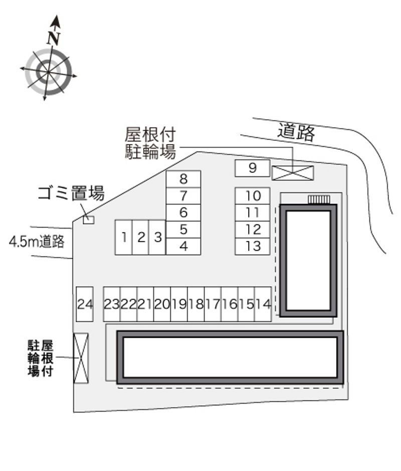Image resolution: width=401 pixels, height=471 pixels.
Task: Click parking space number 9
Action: click(253, 168)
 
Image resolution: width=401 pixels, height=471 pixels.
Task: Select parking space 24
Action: click(85, 304)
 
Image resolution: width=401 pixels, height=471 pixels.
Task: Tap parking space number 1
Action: click(123, 238)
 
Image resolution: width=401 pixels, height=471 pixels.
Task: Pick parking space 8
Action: click(183, 179)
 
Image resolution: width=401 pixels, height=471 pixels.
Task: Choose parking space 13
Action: click(253, 247)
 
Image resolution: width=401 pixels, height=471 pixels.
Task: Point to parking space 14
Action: click(263, 304)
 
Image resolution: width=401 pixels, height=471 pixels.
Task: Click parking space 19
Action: click(179, 304)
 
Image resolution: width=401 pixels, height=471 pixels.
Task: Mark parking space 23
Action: click(112, 304)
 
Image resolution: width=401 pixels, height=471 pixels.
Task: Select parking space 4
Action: click(183, 247)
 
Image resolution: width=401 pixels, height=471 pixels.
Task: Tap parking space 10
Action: click(253, 196)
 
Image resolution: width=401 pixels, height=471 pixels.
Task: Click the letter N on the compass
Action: click(54, 38)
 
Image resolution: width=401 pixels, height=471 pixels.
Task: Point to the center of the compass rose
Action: click(48, 72)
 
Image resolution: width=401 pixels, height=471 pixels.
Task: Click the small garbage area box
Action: click(89, 220)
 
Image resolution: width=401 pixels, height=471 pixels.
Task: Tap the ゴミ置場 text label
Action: click(71, 193)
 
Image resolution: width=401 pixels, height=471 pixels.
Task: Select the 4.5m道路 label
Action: click(37, 241)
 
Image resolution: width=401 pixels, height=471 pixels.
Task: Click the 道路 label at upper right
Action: click(296, 132)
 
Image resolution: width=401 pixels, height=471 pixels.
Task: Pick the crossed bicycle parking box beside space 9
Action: click(293, 173)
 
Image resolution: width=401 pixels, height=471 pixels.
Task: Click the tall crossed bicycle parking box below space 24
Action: click(81, 358)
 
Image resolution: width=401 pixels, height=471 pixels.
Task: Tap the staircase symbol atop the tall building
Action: click(319, 199)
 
